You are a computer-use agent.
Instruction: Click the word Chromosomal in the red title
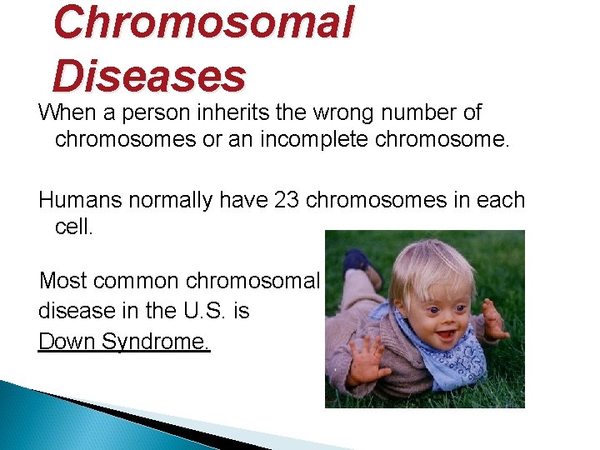202,23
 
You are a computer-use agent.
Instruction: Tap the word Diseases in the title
149,76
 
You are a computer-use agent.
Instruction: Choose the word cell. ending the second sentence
74,227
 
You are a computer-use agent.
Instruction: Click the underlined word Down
64,342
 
